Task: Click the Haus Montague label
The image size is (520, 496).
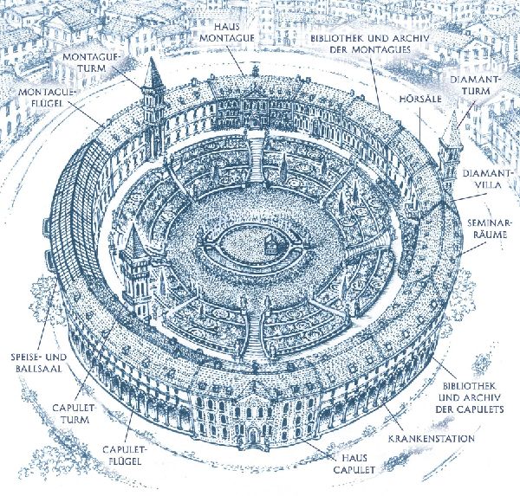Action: (x=227, y=33)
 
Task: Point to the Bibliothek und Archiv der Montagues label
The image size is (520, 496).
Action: (x=370, y=44)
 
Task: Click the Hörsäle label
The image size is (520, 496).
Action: (x=420, y=99)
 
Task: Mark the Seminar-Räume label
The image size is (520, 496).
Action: (x=487, y=229)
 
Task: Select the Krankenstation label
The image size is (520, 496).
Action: (x=432, y=438)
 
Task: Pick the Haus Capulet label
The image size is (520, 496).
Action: (x=354, y=464)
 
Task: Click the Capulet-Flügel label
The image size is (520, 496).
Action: (x=122, y=455)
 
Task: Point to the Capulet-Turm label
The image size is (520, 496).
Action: (x=71, y=413)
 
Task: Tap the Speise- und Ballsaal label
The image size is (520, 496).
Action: (x=39, y=363)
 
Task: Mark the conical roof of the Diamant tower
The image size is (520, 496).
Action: (x=453, y=129)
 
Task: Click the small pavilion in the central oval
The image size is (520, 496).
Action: (x=270, y=244)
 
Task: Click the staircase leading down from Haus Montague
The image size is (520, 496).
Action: (x=256, y=159)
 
